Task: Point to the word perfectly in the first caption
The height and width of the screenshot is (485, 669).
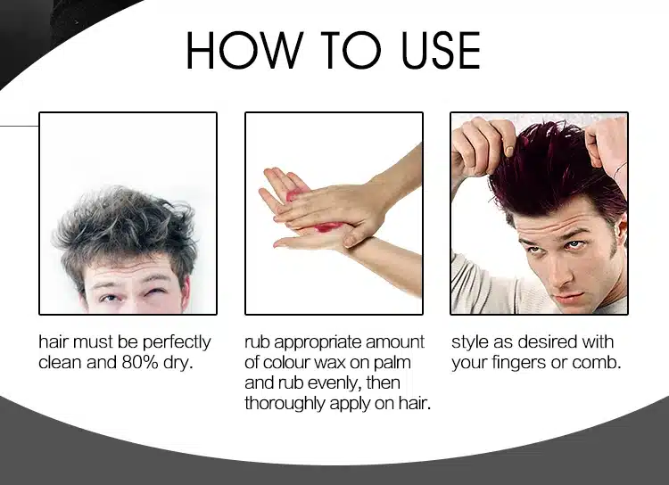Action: point(177,342)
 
